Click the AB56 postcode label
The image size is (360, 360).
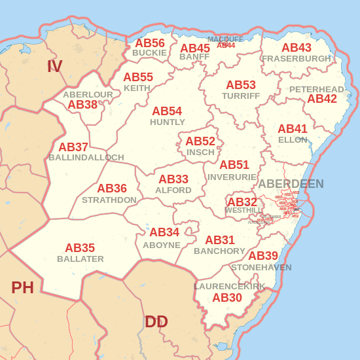pyautogui.click(x=150, y=43)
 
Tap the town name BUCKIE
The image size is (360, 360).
pyautogui.click(x=149, y=52)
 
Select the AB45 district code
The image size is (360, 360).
pyautogui.click(x=195, y=48)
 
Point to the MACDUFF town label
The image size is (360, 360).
pyautogui.click(x=225, y=39)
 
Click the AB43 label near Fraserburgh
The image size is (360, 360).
pyautogui.click(x=297, y=48)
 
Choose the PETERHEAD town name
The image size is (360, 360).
pyautogui.click(x=317, y=89)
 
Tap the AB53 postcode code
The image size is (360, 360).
pyautogui.click(x=241, y=85)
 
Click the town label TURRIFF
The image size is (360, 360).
pyautogui.click(x=241, y=96)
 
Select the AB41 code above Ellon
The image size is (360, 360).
pyautogui.click(x=293, y=129)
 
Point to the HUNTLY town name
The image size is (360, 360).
pyautogui.click(x=168, y=122)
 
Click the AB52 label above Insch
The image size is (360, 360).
pyautogui.click(x=200, y=141)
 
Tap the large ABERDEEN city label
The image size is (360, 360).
pyautogui.click(x=291, y=184)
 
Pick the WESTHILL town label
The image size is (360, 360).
pyautogui.click(x=243, y=211)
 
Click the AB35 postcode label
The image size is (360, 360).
pyautogui.click(x=80, y=248)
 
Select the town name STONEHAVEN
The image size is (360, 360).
pyautogui.click(x=261, y=267)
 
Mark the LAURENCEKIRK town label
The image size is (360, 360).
pyautogui.click(x=230, y=287)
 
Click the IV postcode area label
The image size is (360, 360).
pyautogui.click(x=54, y=66)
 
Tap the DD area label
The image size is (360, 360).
pyautogui.click(x=156, y=321)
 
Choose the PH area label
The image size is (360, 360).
pyautogui.click(x=22, y=287)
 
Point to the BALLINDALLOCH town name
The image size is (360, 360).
pyautogui.click(x=86, y=158)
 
